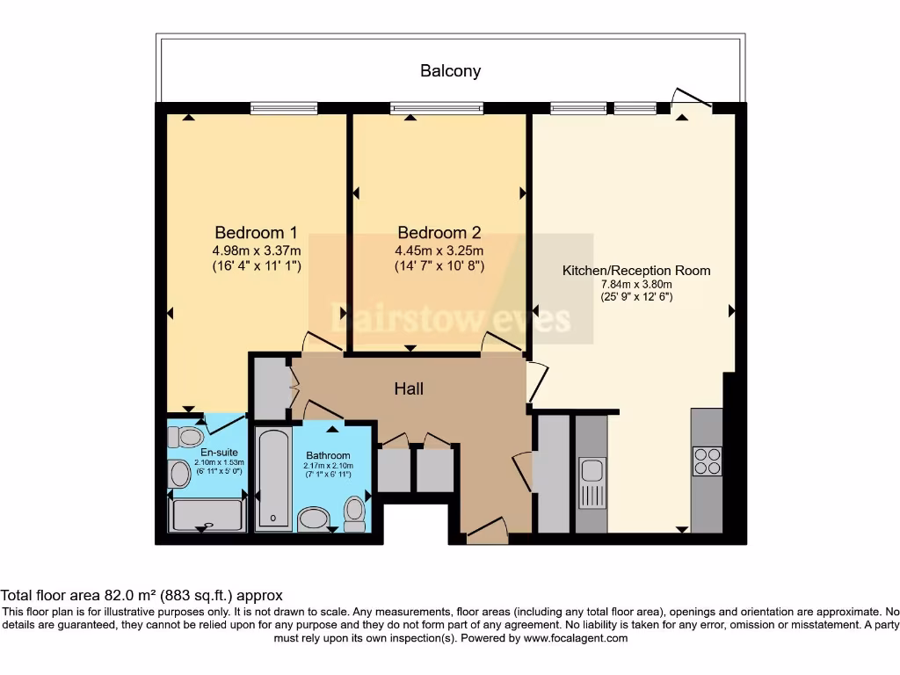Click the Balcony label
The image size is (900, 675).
[451, 71]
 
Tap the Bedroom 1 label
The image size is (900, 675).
[256, 232]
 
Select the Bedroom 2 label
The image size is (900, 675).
[439, 232]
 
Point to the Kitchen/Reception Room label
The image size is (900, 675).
[636, 271]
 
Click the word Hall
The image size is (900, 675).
[409, 388]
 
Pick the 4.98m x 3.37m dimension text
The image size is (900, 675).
[257, 250]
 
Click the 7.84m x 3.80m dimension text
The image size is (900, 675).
[636, 284]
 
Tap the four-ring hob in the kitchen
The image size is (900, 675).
[708, 461]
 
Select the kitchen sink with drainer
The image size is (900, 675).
[592, 483]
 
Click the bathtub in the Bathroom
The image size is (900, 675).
[274, 478]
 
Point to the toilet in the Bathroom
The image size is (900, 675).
[355, 514]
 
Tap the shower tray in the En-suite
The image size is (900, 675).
[207, 515]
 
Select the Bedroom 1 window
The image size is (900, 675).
[284, 108]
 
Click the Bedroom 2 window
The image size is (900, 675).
[437, 108]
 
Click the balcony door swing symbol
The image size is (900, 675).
[693, 98]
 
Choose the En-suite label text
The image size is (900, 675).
[219, 453]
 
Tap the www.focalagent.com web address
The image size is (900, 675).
[576, 638]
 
